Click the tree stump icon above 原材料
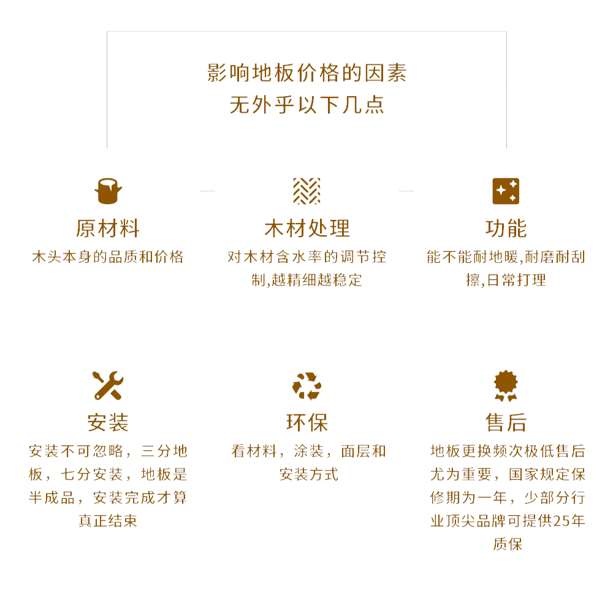(x=108, y=191)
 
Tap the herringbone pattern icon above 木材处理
(x=306, y=191)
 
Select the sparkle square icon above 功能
(x=506, y=191)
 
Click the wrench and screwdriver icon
(x=108, y=385)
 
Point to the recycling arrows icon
(x=306, y=386)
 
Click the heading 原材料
(x=108, y=229)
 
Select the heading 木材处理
(x=306, y=229)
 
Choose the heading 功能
(x=506, y=229)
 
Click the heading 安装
(x=108, y=422)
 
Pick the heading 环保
(x=306, y=422)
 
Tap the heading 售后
(x=506, y=422)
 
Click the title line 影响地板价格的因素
(x=306, y=74)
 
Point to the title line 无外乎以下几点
(x=306, y=105)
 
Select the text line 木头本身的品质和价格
(x=108, y=257)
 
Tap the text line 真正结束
(x=108, y=521)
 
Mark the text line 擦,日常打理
(x=506, y=280)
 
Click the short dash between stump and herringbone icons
(x=207, y=191)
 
